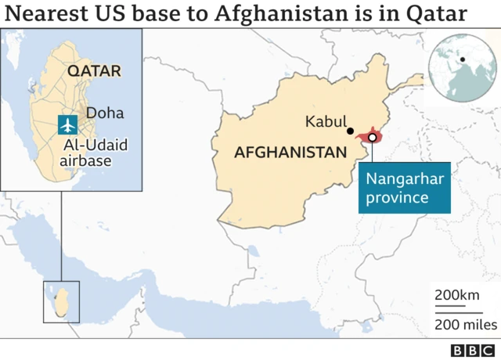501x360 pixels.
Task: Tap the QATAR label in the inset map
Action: pyautogui.click(x=94, y=70)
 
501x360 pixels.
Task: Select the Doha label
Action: pyautogui.click(x=105, y=113)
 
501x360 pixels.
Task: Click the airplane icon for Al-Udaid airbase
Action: pyautogui.click(x=68, y=124)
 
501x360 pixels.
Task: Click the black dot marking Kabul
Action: pyautogui.click(x=350, y=131)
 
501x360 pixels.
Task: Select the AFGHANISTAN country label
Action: pyautogui.click(x=290, y=153)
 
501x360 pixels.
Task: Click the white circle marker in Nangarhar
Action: pyautogui.click(x=373, y=137)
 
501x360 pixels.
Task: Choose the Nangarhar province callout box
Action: pyautogui.click(x=405, y=188)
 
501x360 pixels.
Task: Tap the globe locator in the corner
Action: pyautogui.click(x=461, y=67)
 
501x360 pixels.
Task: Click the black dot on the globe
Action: pyautogui.click(x=463, y=59)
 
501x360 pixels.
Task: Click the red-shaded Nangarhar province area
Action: pyautogui.click(x=362, y=139)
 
